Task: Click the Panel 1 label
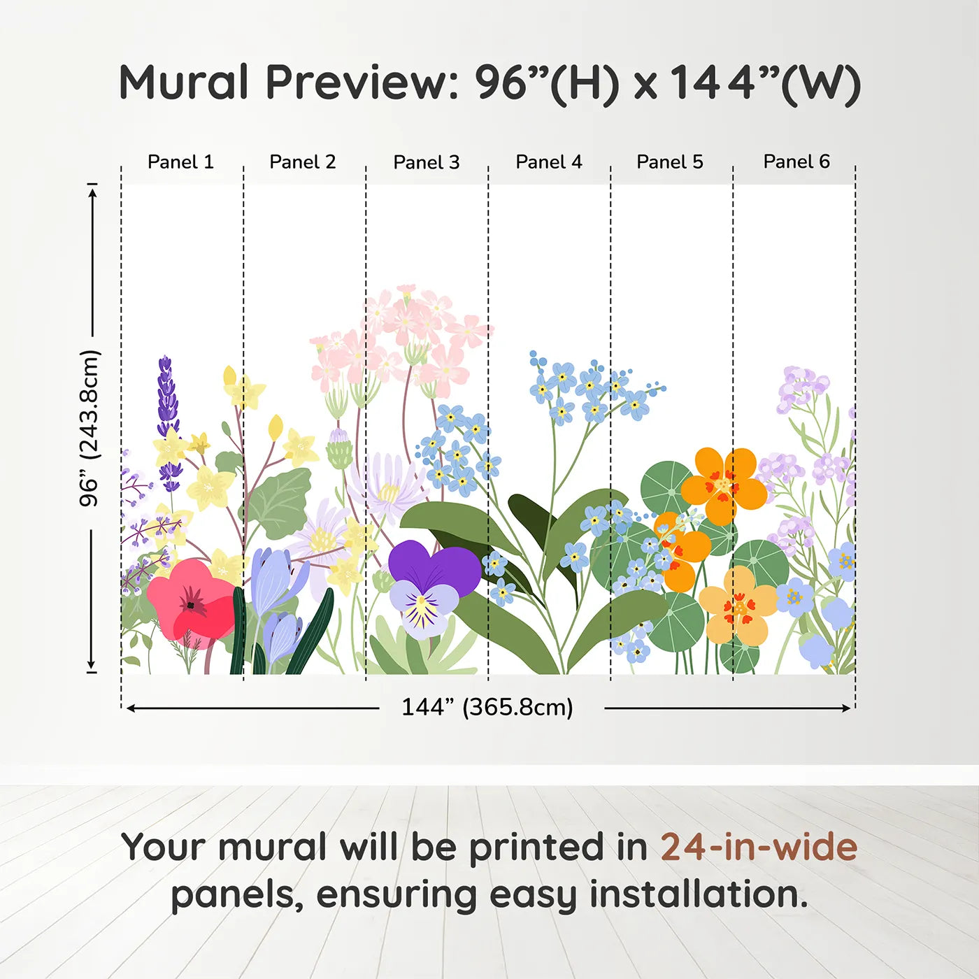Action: (180, 162)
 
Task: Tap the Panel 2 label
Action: (302, 162)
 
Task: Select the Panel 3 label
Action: (427, 162)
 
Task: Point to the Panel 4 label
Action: (549, 162)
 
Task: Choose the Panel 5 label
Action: (670, 162)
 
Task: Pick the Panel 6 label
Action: (796, 162)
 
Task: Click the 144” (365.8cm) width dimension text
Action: (487, 707)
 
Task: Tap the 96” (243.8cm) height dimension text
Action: (90, 428)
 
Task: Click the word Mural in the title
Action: (183, 82)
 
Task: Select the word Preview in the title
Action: (362, 82)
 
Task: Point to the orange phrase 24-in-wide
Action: (759, 846)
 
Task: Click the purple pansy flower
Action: (434, 587)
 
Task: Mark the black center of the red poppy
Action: (190, 605)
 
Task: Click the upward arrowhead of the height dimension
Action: (92, 193)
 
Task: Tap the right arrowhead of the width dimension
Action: (846, 708)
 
